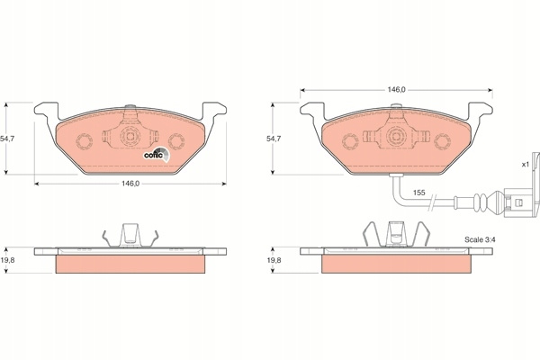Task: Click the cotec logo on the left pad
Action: click(x=157, y=155)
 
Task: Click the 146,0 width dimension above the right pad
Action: click(x=397, y=90)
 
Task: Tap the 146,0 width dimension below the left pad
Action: click(x=130, y=184)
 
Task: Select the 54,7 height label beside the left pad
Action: click(x=7, y=139)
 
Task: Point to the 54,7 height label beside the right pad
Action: click(x=274, y=139)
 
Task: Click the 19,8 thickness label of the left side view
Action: click(x=7, y=260)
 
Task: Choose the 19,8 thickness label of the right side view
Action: click(x=274, y=260)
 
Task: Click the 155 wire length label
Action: click(x=419, y=193)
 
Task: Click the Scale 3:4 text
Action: click(x=480, y=239)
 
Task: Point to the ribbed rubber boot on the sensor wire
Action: click(x=481, y=202)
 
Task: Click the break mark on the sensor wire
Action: click(x=433, y=202)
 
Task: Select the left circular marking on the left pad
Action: click(x=85, y=141)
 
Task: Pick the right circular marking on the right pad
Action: click(x=442, y=141)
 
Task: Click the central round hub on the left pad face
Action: click(x=130, y=136)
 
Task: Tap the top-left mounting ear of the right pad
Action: click(x=312, y=111)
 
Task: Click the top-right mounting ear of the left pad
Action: click(x=214, y=111)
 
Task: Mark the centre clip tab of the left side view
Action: click(x=130, y=235)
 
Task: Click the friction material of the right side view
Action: click(x=396, y=264)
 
